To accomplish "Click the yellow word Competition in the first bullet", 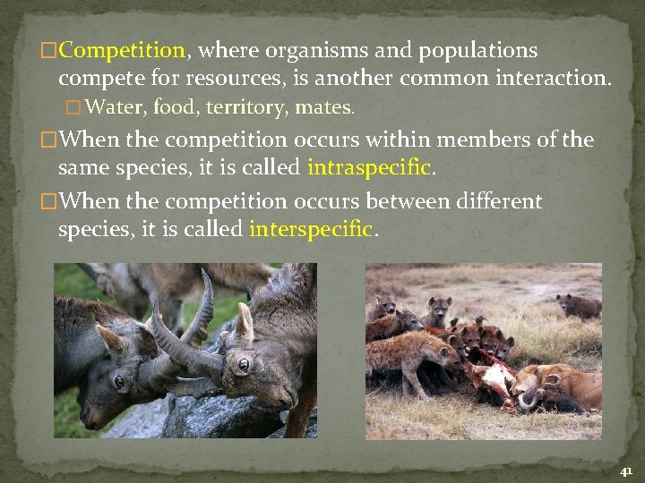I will (x=122, y=50).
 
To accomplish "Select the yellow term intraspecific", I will (x=370, y=167).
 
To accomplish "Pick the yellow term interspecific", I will (x=310, y=229).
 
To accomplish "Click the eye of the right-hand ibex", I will (x=243, y=364).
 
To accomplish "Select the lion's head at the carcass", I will (x=530, y=386).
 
